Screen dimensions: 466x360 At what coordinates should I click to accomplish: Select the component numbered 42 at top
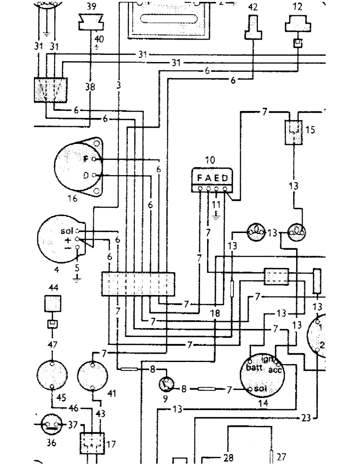coord(252,28)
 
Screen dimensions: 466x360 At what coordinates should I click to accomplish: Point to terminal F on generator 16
coord(94,159)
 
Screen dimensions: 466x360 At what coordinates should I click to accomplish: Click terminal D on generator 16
coord(94,175)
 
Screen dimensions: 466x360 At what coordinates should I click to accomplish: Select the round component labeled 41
coord(93,375)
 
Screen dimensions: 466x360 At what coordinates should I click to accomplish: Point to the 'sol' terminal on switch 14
coord(251,389)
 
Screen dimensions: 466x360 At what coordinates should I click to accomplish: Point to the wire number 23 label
coord(305,418)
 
